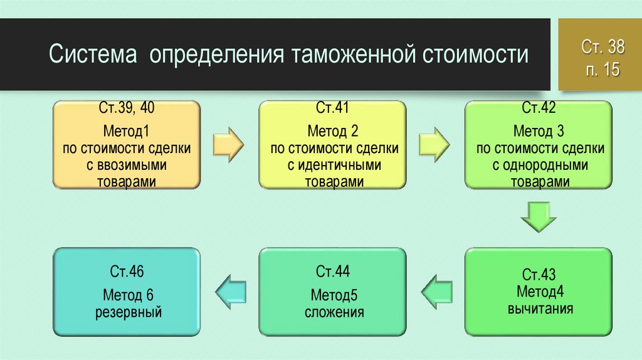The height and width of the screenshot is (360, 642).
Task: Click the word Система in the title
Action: pyautogui.click(x=93, y=54)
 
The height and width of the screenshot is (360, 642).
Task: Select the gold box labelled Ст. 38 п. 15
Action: pyautogui.click(x=600, y=55)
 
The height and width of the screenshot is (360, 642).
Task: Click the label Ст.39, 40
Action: pyautogui.click(x=127, y=108)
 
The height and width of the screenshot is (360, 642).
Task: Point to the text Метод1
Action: pyautogui.click(x=126, y=131)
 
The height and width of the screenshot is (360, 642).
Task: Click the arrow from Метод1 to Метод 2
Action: pyautogui.click(x=228, y=145)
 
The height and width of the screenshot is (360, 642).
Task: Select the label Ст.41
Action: pyautogui.click(x=332, y=108)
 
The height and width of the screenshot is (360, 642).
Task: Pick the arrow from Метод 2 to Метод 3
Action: pyautogui.click(x=434, y=145)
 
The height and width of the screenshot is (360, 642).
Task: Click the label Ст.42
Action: pyautogui.click(x=539, y=108)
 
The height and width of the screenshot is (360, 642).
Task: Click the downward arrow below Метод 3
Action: pyautogui.click(x=539, y=217)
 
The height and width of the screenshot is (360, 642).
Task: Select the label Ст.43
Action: pyautogui.click(x=539, y=275)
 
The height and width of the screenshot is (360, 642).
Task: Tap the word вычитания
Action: pyautogui.click(x=540, y=309)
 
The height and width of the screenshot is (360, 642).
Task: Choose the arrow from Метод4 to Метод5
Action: pyautogui.click(x=437, y=292)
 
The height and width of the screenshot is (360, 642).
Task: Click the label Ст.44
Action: pyautogui.click(x=332, y=271)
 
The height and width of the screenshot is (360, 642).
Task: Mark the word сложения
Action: pyautogui.click(x=334, y=312)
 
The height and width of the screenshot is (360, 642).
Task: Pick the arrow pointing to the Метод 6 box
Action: pyautogui.click(x=231, y=292)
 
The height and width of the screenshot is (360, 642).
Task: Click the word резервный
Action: pyautogui.click(x=129, y=312)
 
